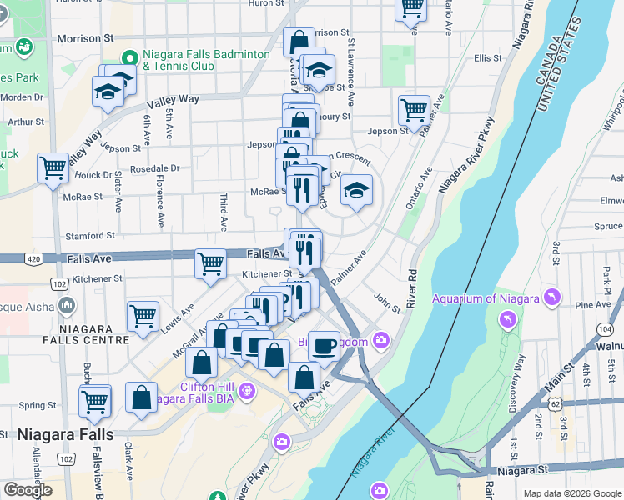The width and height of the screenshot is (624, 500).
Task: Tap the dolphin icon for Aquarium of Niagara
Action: pos(551,297)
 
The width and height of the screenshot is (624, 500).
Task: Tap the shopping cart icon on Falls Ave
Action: pos(210,264)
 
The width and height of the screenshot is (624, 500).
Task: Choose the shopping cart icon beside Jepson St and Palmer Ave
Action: pos(414,109)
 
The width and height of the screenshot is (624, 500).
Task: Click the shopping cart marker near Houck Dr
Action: pos(53,167)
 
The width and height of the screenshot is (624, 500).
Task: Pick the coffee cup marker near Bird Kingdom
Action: pos(324,345)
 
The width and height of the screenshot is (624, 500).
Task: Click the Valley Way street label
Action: pos(173,100)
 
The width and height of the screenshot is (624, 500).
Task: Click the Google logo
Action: pos(28,490)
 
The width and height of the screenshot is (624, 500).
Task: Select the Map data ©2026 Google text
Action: pos(571,493)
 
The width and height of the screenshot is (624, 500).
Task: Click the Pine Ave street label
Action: pos(593,305)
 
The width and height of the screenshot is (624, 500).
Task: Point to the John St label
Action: pos(387,302)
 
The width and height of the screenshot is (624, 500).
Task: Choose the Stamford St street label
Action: pos(89,236)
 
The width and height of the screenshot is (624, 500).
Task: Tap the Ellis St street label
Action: pos(487,58)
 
